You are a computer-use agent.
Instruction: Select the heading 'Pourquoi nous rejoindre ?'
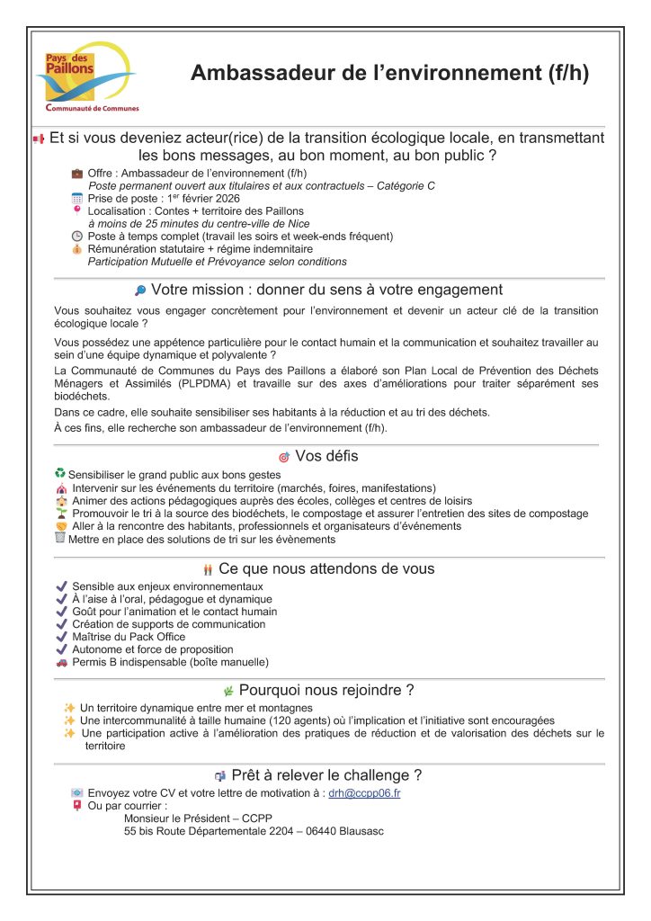tap(326, 690)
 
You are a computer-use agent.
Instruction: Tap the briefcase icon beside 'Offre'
tap(77, 173)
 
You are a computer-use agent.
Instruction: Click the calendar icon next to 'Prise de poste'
tap(77, 198)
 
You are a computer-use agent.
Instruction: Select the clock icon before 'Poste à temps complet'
tap(77, 237)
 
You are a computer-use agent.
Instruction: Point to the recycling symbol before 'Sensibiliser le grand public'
tap(60, 473)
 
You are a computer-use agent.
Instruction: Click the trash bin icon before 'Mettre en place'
tap(60, 538)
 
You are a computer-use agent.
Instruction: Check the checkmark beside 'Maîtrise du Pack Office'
tap(61, 637)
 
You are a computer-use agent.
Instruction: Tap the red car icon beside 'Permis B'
tap(61, 662)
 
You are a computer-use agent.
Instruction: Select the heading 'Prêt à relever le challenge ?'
tap(326, 775)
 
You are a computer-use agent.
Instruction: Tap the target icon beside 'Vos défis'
tap(284, 457)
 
